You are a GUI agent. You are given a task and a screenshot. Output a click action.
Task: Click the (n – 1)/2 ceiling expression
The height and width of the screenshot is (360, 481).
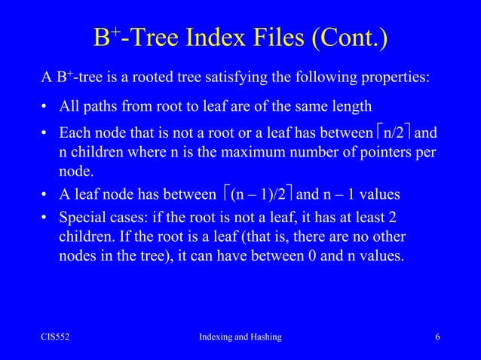256,195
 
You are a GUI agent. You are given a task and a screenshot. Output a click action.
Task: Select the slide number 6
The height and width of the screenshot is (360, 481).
437,337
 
